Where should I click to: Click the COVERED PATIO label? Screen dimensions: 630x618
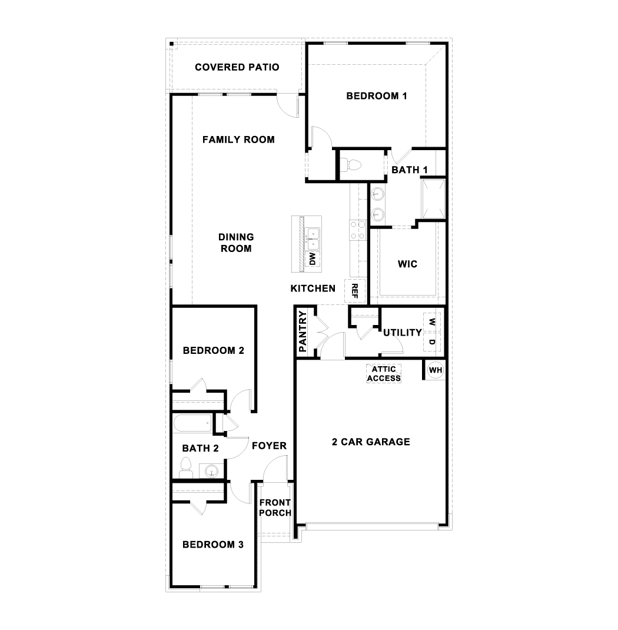237,67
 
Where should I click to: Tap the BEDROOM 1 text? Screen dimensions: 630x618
377,96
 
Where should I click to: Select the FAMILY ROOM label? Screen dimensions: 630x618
238,140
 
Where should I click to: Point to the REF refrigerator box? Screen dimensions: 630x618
355,290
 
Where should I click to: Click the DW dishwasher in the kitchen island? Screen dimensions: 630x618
313,259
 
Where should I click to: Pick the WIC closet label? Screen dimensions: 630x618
407,264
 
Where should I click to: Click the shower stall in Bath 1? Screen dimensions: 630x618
432,199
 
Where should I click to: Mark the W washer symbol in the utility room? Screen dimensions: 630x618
432,322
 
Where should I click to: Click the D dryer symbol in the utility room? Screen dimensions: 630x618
432,342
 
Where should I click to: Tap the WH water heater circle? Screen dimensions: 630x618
436,370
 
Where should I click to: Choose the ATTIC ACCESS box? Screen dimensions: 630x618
384,374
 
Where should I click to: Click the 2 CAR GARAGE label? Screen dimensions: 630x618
370,442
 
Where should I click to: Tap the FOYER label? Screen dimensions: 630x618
269,446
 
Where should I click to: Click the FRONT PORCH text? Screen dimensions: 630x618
275,508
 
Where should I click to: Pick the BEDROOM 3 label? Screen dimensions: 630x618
213,545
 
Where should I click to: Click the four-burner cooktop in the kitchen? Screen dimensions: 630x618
357,230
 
